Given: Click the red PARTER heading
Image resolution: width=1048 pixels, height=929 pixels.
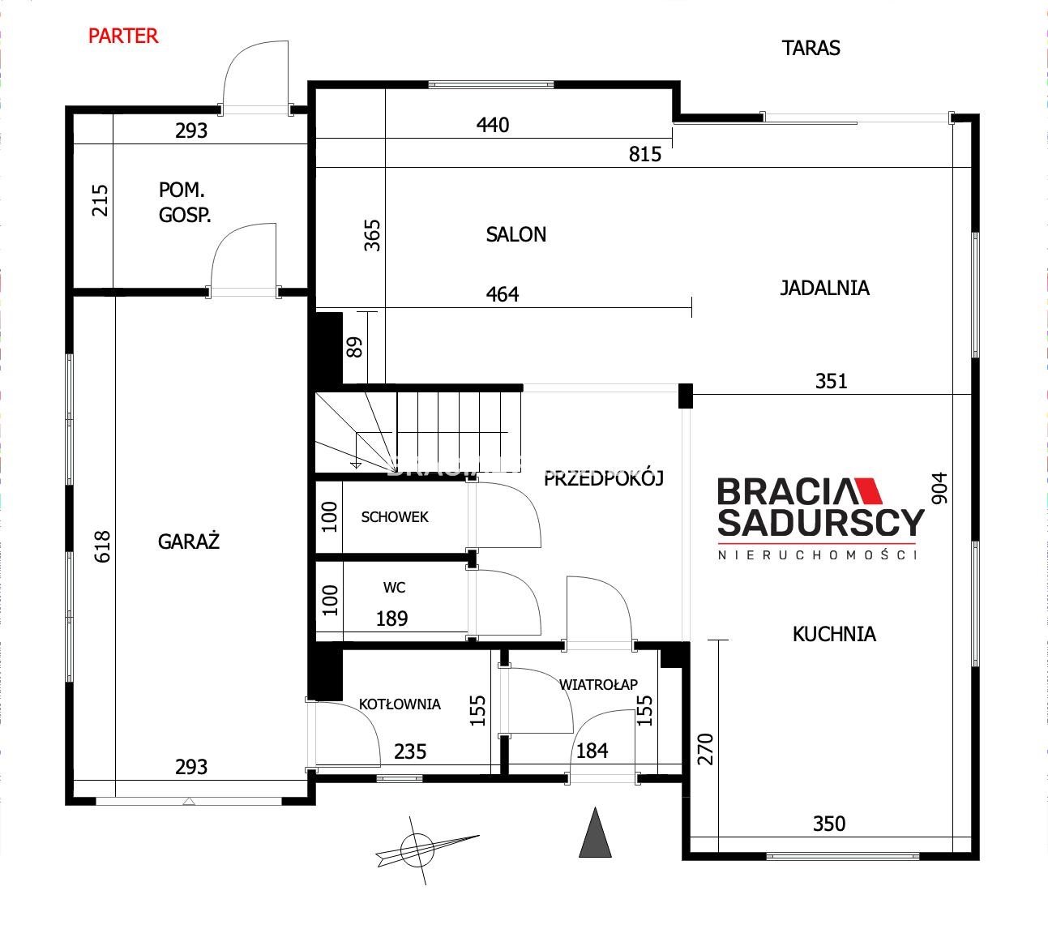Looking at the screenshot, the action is (123, 36).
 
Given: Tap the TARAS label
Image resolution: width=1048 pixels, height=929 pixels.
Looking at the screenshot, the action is (811, 48).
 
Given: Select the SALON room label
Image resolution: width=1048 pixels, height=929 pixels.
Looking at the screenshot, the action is (515, 234).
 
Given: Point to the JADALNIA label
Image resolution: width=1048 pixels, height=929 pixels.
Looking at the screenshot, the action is (824, 288).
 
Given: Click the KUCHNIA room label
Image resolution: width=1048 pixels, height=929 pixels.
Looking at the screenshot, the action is (834, 634).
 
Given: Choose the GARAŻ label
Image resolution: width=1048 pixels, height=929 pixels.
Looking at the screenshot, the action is (188, 541).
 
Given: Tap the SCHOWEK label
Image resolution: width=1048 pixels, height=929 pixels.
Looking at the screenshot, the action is (395, 516).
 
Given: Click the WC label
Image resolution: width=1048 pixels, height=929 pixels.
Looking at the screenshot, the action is (394, 587).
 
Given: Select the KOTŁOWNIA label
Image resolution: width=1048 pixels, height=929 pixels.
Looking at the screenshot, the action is (400, 704).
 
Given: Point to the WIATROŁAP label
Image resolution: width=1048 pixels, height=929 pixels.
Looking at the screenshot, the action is (598, 684).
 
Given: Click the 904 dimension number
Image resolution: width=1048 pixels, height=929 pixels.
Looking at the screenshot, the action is (939, 488).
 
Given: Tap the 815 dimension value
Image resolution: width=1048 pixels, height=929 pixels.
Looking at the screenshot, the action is (645, 154).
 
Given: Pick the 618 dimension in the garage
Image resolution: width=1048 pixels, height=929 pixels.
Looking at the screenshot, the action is (102, 546).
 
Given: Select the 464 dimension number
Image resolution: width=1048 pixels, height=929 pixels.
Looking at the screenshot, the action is (503, 294).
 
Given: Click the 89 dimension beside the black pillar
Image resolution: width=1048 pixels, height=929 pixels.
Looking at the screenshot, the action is (354, 347).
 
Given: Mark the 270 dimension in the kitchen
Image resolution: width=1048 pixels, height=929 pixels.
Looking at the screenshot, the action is (706, 748).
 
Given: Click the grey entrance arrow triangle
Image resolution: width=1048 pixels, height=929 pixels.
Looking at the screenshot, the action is (596, 833).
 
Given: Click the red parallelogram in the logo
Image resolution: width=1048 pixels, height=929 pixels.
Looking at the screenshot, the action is (868, 491).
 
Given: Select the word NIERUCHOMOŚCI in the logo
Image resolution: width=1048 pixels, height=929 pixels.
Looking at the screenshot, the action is (818, 555).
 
